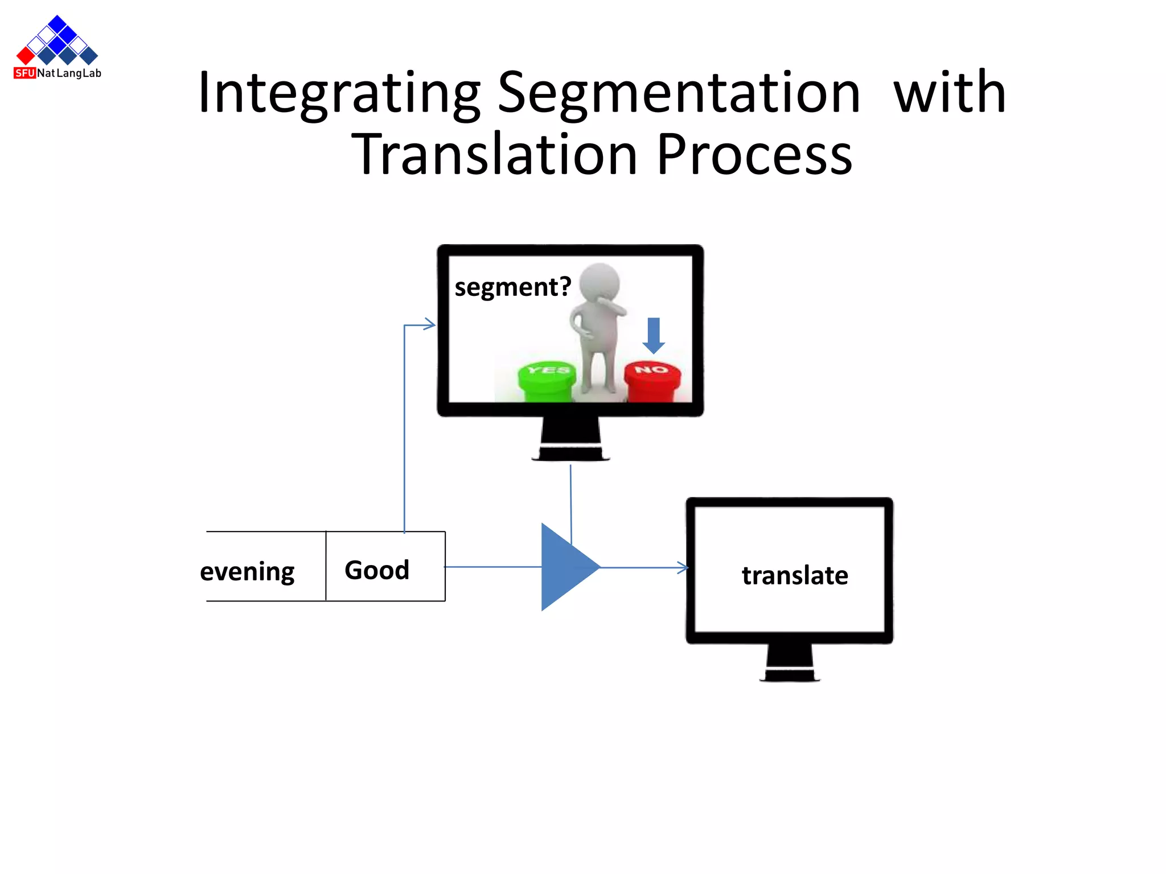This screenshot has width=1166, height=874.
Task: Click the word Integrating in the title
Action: [339, 94]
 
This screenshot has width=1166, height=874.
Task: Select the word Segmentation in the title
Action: [679, 94]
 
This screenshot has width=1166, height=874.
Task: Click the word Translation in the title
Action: [494, 155]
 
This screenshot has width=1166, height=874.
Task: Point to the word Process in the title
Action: [754, 155]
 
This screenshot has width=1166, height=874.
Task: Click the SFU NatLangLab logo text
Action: [58, 73]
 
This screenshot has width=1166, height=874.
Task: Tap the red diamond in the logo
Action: [26, 55]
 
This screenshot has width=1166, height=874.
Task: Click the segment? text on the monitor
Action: [512, 287]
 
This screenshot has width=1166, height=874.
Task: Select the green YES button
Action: [547, 380]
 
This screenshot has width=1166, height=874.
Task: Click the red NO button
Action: [652, 380]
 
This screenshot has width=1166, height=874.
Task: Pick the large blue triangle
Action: [565, 567]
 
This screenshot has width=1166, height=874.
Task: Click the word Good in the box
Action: [377, 570]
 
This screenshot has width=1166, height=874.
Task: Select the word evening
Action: [247, 571]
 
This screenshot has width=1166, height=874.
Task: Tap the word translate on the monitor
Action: [795, 575]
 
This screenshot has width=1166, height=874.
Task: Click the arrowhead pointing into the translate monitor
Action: [683, 567]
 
